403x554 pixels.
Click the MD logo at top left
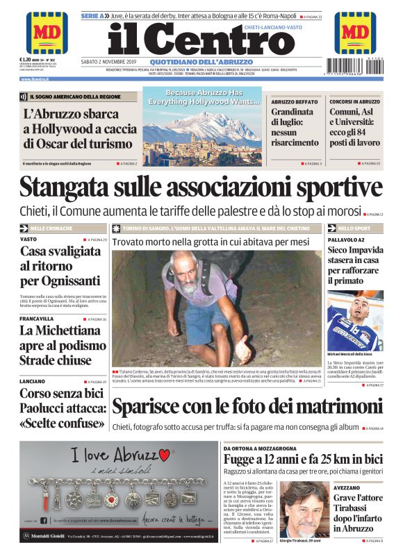[47, 32]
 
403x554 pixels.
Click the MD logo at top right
[355, 32]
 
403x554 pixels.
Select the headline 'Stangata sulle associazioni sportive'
[201, 187]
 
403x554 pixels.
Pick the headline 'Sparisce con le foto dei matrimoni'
[247, 405]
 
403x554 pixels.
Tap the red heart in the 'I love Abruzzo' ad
[164, 455]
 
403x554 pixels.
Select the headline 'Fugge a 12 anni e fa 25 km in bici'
[303, 458]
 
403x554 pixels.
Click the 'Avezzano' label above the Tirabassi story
[347, 487]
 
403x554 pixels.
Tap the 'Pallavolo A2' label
[345, 239]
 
